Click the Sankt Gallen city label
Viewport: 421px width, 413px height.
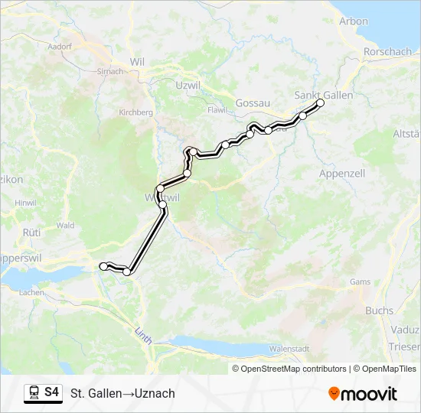click(324, 95)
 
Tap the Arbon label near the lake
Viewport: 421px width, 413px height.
click(354, 21)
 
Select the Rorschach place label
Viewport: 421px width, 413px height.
click(388, 52)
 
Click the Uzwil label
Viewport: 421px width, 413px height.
click(188, 84)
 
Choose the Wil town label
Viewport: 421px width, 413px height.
click(138, 61)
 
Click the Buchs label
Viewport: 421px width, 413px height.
click(379, 311)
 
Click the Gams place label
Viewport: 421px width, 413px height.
click(360, 281)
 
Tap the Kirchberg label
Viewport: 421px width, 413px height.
click(136, 112)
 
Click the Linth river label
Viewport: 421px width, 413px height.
click(143, 334)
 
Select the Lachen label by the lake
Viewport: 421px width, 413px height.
click(32, 292)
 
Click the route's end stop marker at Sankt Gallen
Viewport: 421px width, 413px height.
click(321, 102)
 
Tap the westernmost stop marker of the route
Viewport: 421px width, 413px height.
click(103, 265)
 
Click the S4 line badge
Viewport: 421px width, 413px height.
click(44, 392)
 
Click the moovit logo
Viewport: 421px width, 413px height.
click(363, 394)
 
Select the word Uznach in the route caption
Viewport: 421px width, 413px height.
click(155, 394)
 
